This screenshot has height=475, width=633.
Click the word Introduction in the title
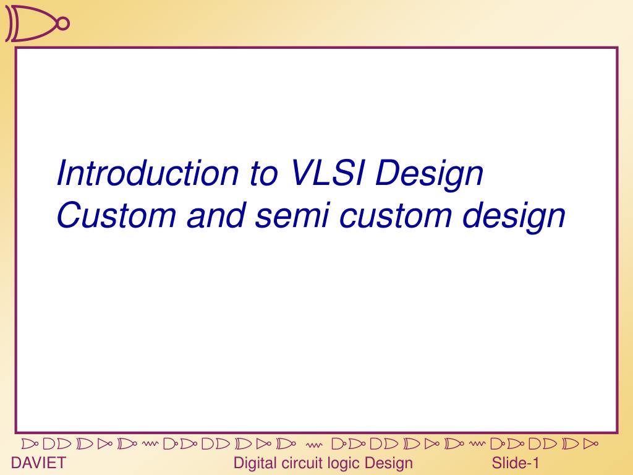[147, 173]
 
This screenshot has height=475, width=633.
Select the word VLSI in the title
[328, 173]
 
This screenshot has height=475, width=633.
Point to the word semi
[292, 215]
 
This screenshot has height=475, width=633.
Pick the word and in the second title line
[216, 215]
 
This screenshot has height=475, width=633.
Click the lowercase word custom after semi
[395, 216]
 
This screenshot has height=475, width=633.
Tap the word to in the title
[263, 174]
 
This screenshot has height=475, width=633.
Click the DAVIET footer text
[38, 463]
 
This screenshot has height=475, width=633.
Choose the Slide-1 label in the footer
[515, 463]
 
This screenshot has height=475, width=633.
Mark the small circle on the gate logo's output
[64, 24]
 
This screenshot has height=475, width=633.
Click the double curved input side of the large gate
[11, 24]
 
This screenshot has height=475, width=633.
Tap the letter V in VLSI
[301, 173]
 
